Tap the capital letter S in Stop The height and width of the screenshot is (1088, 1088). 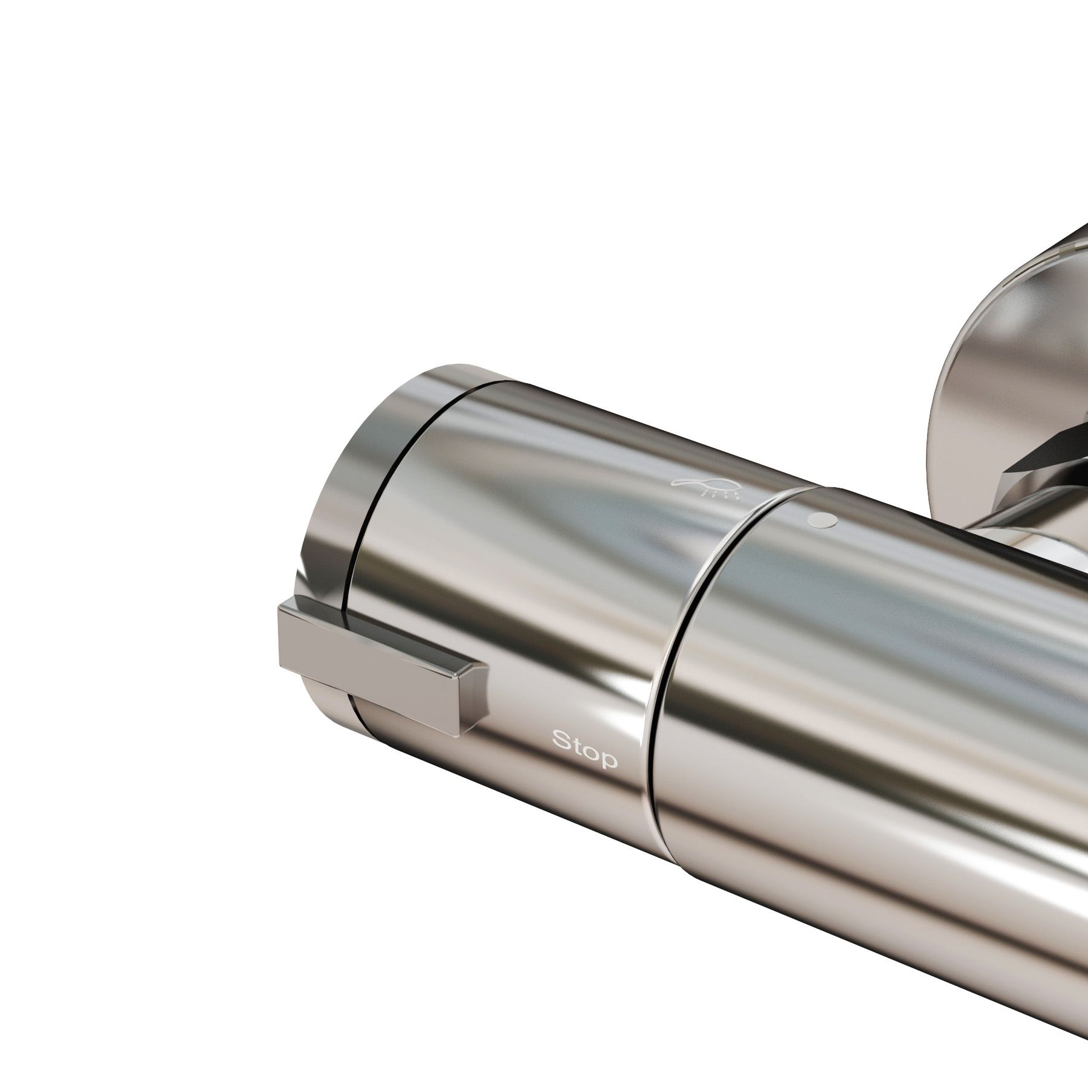click(562, 740)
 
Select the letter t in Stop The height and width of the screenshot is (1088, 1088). click(577, 745)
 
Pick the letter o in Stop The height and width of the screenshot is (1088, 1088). click(592, 753)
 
